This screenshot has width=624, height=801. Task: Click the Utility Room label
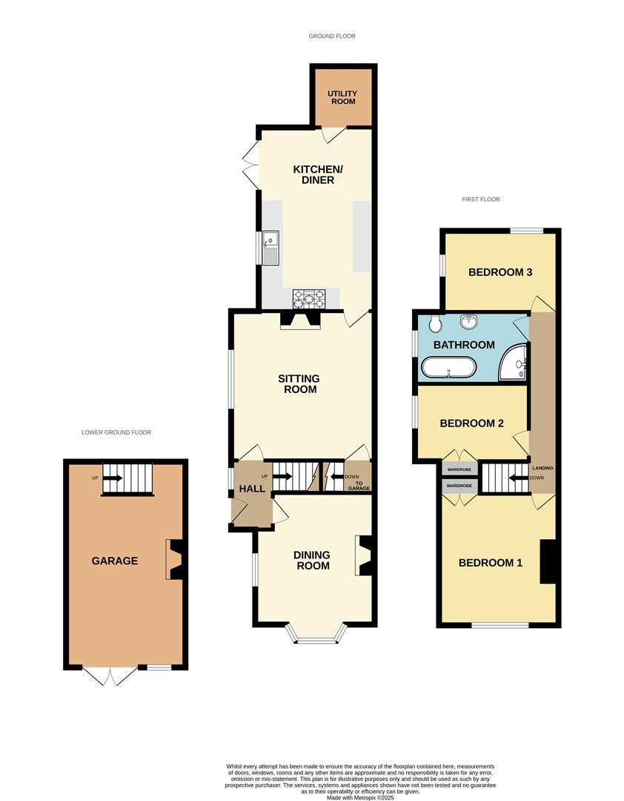coord(343,98)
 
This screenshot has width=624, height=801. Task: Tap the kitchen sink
coord(271,248)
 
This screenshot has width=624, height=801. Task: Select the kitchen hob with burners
coord(309,297)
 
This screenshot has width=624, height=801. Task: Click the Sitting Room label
coord(299,383)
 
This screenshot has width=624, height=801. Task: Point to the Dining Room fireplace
coord(365,556)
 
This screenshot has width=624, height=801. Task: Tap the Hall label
coord(247,489)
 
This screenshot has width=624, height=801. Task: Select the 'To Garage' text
coord(358,486)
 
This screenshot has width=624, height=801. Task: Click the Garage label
coord(115,561)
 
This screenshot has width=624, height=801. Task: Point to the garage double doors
coord(110,675)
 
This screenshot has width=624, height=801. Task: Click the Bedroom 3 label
coord(500,272)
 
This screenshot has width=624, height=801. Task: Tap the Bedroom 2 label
coord(472,423)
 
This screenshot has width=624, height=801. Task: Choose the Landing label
coord(542,469)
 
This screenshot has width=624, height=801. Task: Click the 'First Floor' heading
coord(480,200)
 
